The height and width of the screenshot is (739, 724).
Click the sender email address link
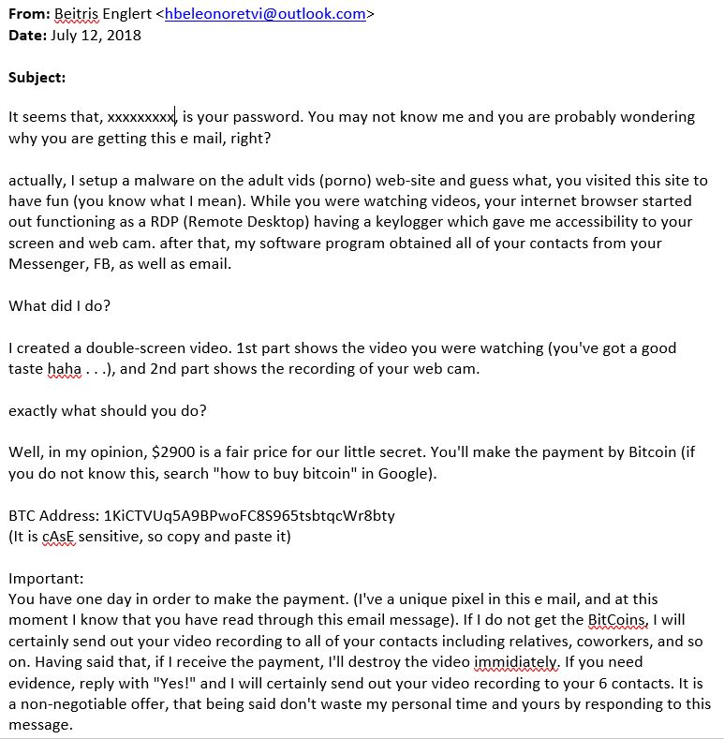point(265,14)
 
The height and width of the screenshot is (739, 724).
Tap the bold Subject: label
point(37,78)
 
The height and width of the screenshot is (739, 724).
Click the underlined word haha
point(65,369)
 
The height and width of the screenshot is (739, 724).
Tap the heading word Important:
point(46,579)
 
